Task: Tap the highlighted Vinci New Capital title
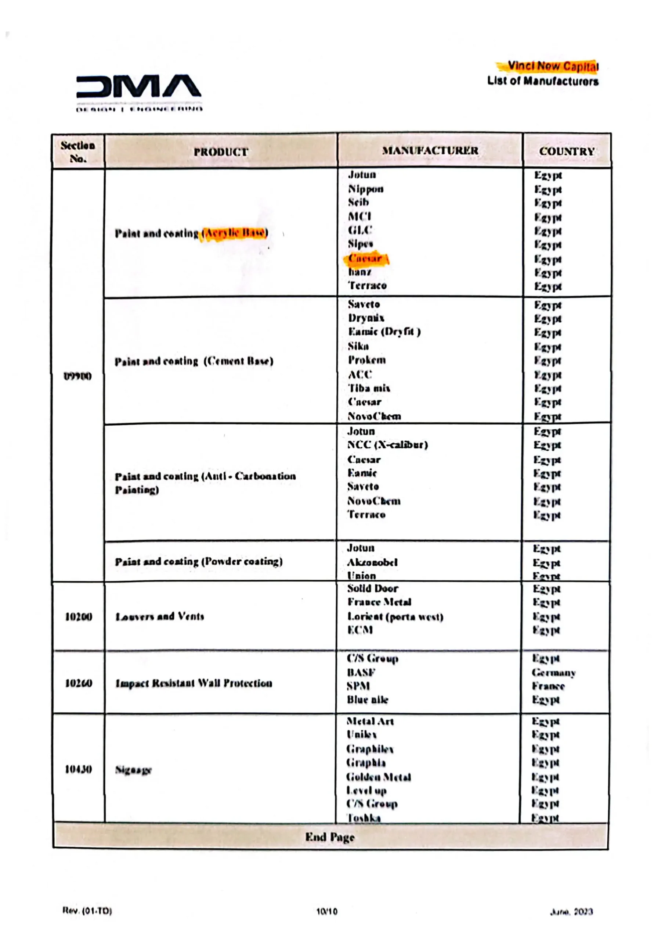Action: (552, 66)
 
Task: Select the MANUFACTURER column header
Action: (430, 151)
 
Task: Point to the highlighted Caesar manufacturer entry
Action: (365, 259)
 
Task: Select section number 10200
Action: (79, 616)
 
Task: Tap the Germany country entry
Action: (554, 673)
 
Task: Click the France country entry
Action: (548, 686)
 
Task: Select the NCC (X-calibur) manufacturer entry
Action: (387, 445)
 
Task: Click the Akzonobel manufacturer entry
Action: (372, 562)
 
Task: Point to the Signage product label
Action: (133, 770)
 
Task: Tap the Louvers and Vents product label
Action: (160, 616)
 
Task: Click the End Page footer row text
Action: (330, 837)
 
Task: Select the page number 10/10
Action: (327, 912)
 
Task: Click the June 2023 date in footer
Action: (571, 912)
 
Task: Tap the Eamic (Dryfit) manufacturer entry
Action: (384, 332)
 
